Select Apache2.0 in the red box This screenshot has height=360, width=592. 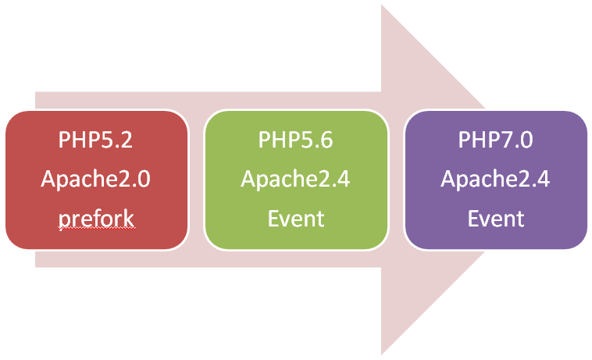[x=95, y=180]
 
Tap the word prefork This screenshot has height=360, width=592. [x=95, y=219]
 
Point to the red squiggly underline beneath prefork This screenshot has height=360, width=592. [x=95, y=230]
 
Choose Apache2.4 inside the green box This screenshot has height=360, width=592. [x=295, y=180]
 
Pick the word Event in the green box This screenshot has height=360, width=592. [x=295, y=219]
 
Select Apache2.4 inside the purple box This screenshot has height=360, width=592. [x=495, y=180]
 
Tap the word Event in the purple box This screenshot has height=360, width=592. [x=495, y=219]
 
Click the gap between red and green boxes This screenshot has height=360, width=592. [x=196, y=180]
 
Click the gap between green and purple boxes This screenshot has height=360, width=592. [x=396, y=180]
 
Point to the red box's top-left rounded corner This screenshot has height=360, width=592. [x=11, y=117]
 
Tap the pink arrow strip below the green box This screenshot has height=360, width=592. [x=295, y=259]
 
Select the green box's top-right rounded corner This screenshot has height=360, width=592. [x=382, y=117]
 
